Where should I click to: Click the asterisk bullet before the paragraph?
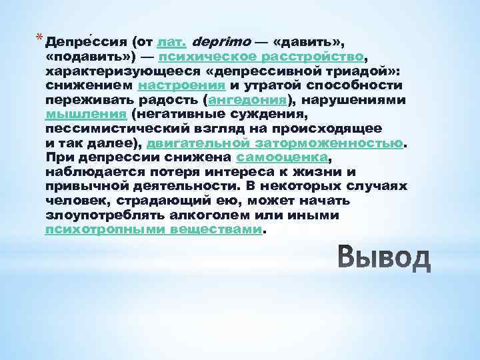(40, 38)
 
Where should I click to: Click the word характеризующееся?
(114, 71)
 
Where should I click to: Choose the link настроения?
(181, 85)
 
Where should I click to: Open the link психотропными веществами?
(154, 230)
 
